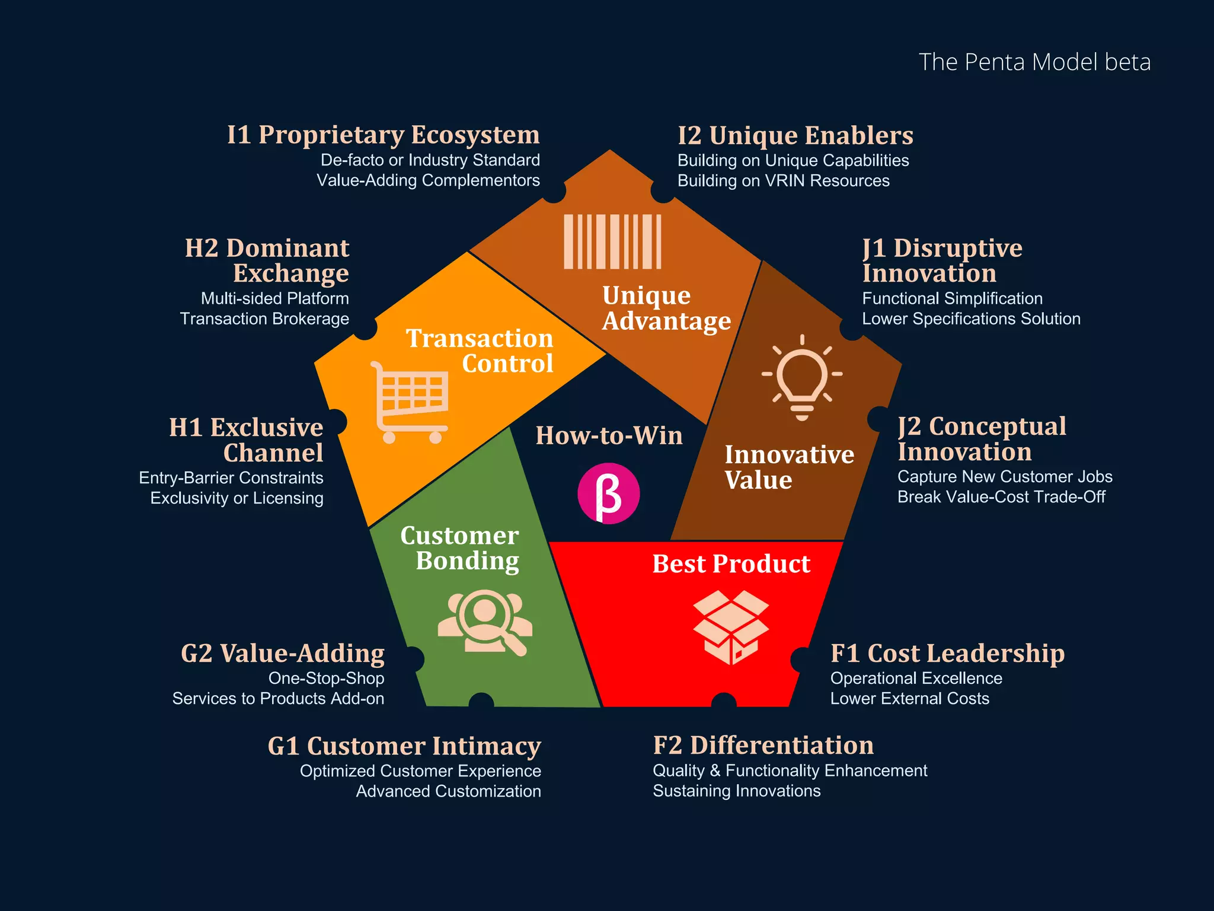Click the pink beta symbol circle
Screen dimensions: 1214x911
[609, 493]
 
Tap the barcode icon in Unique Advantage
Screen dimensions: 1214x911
[612, 241]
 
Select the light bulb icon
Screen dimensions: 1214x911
[802, 378]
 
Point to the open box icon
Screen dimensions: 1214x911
[731, 627]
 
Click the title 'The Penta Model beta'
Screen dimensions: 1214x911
[1034, 62]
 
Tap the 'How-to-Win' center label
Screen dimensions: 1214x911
[609, 435]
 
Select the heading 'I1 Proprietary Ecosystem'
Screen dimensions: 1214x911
[384, 135]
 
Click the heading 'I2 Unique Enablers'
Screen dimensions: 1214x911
[796, 136]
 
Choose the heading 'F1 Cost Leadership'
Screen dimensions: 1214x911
[947, 654]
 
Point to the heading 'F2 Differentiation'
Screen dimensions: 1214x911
[763, 746]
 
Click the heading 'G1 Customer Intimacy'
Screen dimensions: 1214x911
[404, 746]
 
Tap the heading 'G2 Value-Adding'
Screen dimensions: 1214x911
[283, 654]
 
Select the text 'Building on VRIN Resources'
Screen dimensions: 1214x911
[784, 181]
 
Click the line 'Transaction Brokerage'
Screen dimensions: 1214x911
[264, 319]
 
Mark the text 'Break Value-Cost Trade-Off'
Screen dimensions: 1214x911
[1001, 497]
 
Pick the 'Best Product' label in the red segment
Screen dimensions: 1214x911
[731, 563]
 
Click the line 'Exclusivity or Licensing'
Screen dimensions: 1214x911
[237, 498]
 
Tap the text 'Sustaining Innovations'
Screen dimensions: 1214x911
[737, 791]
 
